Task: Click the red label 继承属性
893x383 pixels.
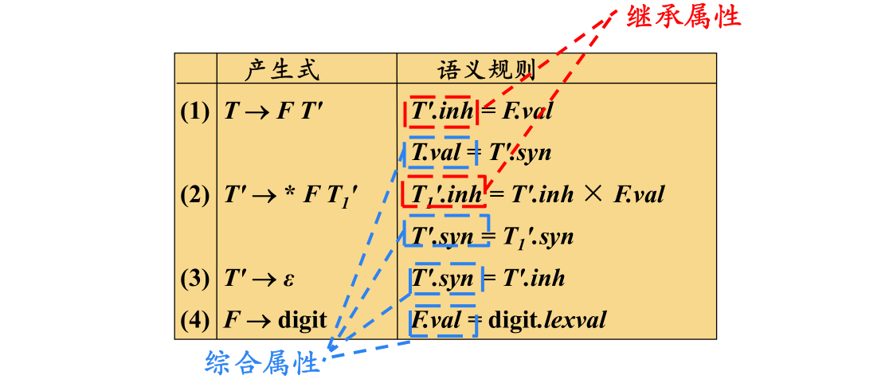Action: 684,17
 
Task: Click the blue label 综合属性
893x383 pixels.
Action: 262,364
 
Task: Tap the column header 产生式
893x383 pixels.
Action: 282,70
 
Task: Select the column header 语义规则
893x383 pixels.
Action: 486,70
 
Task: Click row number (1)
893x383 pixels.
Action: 195,111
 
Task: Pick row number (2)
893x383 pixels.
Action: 195,195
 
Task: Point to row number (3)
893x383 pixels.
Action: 195,278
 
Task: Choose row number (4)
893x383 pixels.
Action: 195,320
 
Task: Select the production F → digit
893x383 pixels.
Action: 276,320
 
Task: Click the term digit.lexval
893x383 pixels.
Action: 547,320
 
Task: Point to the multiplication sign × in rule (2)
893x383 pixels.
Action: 593,194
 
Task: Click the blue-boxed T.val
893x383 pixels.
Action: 436,153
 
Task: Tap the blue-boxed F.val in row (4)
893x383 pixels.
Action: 437,320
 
